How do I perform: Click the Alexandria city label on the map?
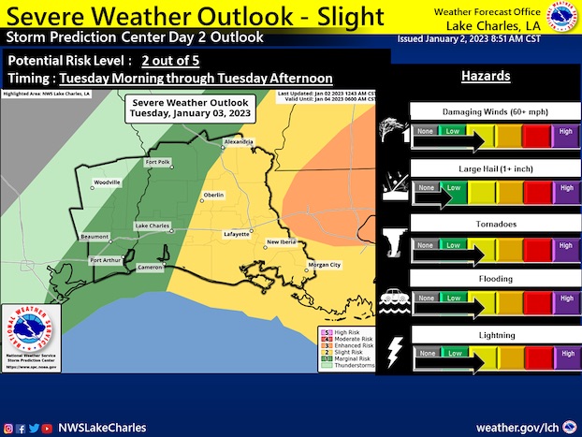tap(238, 142)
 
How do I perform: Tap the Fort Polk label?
tap(158, 163)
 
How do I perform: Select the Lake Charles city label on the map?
tap(153, 226)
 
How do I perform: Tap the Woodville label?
tap(107, 182)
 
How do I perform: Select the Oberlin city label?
tap(214, 195)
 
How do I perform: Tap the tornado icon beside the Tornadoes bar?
tap(393, 240)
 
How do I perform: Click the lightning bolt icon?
tap(394, 349)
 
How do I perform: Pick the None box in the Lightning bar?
tap(426, 354)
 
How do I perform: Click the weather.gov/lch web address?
tap(520, 427)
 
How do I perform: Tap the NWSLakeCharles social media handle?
tap(102, 428)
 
